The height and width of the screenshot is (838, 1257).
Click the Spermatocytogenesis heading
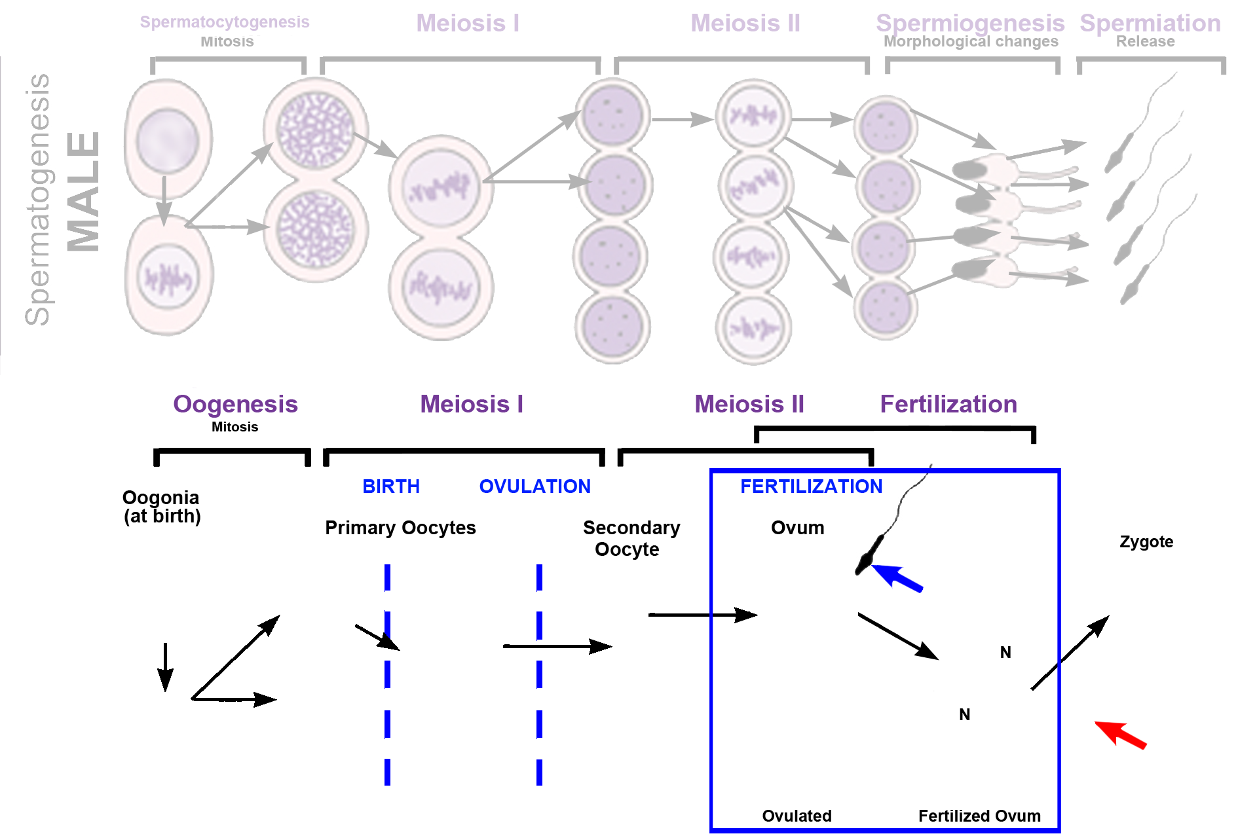click(224, 22)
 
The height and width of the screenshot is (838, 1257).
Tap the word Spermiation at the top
click(1150, 23)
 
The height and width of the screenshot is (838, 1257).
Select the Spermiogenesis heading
click(969, 23)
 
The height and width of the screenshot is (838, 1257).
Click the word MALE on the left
click(83, 191)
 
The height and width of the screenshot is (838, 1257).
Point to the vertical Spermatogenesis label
click(37, 199)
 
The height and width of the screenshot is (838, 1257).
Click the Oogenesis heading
click(235, 404)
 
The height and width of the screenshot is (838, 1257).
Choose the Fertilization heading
click(948, 404)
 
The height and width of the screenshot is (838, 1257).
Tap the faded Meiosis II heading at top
click(745, 23)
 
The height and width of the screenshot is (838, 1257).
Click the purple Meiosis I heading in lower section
click(471, 404)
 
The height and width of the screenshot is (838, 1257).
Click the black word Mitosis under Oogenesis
click(235, 427)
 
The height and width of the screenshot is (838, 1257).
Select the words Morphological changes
click(970, 41)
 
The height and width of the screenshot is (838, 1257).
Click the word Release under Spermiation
click(1145, 41)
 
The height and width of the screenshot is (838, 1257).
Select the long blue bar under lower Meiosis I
click(476, 486)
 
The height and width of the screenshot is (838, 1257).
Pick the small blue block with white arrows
click(897, 579)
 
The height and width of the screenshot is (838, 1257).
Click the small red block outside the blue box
click(1120, 735)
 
